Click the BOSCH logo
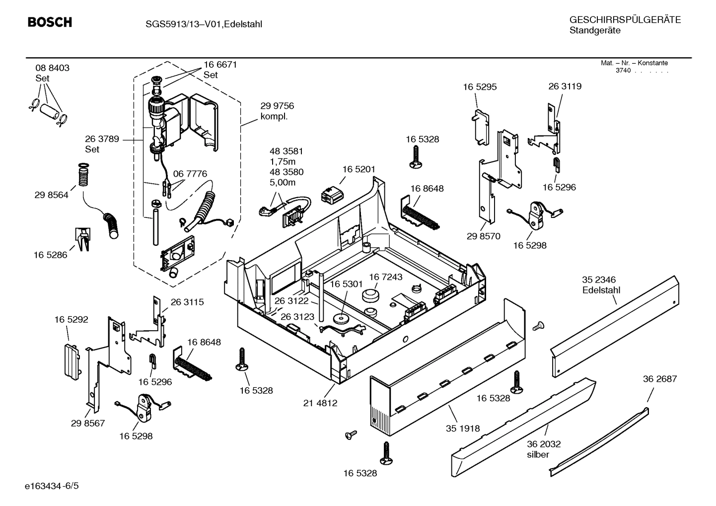tap(50, 22)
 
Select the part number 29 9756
tap(277, 106)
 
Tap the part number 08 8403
tap(52, 68)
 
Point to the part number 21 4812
tap(320, 403)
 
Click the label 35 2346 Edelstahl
tap(601, 285)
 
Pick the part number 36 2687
tap(659, 379)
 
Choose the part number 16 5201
tap(358, 169)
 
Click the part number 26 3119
tap(565, 86)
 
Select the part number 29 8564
tap(52, 195)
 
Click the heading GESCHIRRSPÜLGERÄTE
tap(625, 20)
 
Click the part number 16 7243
tap(385, 277)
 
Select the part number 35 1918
tap(463, 428)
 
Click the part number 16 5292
tap(71, 319)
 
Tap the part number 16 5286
tap(51, 255)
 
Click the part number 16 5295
tap(480, 87)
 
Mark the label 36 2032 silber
tap(544, 449)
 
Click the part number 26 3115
tap(187, 302)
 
